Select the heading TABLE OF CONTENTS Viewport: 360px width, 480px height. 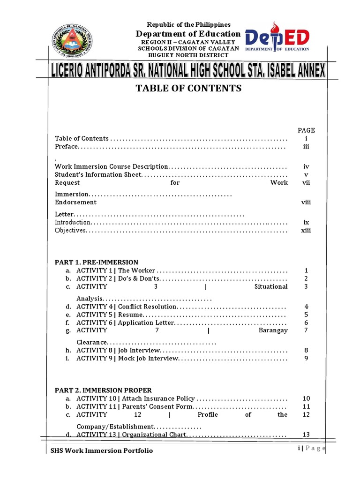[188, 88]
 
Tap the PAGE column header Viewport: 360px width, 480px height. [306, 130]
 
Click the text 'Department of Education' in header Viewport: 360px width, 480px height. [188, 34]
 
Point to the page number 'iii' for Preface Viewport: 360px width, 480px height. [306, 147]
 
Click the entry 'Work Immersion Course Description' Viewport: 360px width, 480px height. [112, 166]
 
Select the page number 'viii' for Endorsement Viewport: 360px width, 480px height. [306, 202]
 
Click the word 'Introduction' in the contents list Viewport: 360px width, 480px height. [73, 222]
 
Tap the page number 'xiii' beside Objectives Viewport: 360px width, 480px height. [306, 230]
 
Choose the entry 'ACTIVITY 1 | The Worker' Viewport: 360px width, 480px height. [116, 270]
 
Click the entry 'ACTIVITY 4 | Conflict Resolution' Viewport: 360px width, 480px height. [127, 307]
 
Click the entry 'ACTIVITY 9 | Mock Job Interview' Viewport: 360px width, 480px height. [127, 359]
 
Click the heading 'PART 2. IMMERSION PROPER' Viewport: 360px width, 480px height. [103, 390]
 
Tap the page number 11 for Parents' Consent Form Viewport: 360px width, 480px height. [306, 406]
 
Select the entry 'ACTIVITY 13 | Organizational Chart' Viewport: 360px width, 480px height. [131, 435]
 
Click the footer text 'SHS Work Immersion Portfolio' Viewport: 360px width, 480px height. [102, 450]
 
